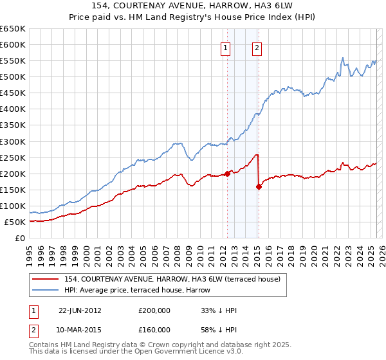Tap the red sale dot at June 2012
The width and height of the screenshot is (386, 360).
pos(227,174)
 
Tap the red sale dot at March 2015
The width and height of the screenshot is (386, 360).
pos(259,187)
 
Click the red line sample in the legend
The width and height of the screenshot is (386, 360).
pos(46,280)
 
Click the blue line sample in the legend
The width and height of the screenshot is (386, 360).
pos(46,291)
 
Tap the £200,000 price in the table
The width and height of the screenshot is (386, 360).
pos(154,310)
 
